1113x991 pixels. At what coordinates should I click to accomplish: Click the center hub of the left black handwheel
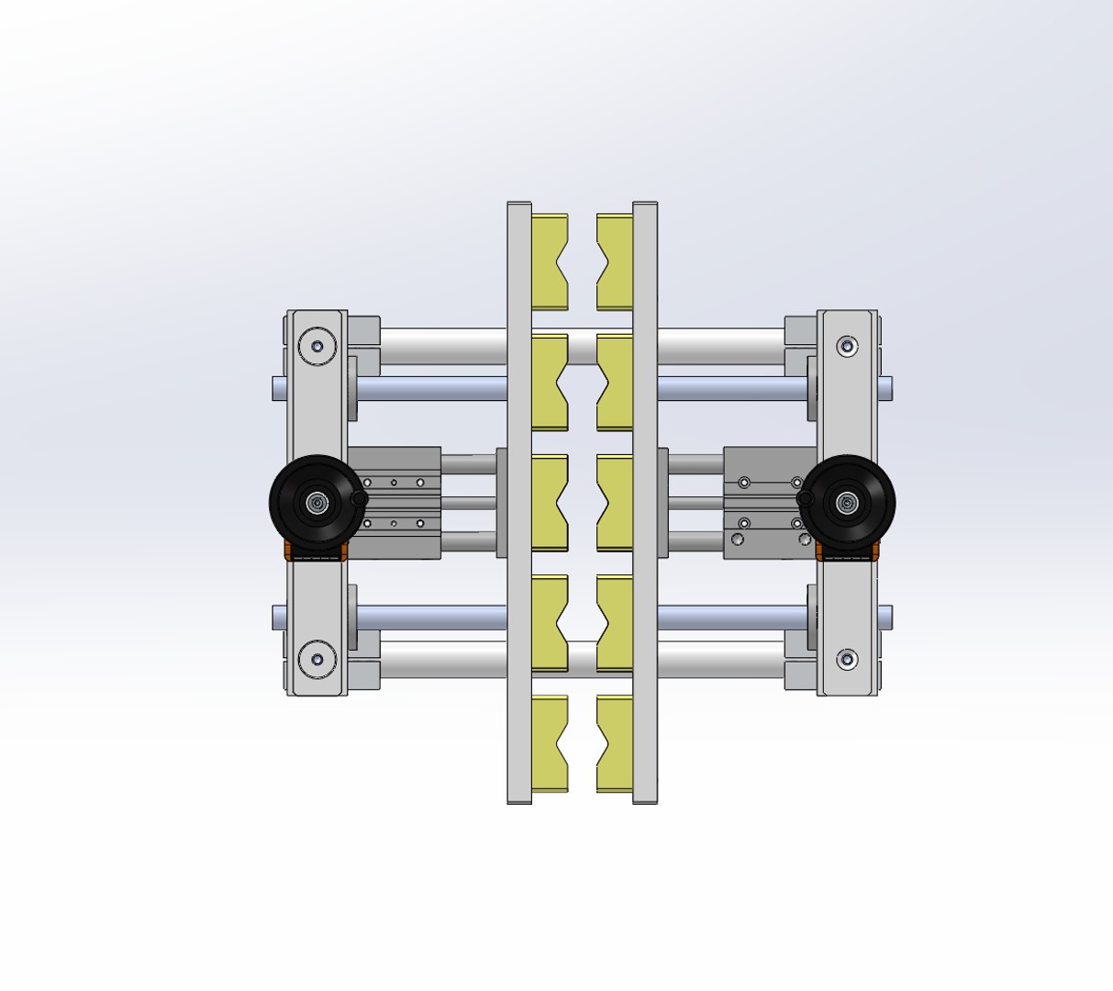point(317,502)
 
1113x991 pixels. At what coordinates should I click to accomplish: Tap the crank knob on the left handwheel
point(360,498)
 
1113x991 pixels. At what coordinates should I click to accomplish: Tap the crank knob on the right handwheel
point(806,497)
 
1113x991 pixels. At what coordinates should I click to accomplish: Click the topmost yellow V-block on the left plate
point(549,262)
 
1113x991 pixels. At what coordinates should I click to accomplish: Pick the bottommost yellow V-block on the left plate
point(549,743)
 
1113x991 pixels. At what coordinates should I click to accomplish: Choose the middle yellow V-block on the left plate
point(549,503)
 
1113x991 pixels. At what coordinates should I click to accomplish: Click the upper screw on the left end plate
point(317,347)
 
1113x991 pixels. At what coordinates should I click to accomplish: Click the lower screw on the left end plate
point(317,659)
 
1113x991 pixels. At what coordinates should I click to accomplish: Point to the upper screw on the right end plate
point(847,346)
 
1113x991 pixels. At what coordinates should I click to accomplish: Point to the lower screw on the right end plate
point(847,659)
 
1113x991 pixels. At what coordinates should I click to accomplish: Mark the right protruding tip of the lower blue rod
point(885,617)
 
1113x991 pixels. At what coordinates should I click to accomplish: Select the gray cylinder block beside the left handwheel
point(395,503)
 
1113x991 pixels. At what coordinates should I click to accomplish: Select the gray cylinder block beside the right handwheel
point(766,503)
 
